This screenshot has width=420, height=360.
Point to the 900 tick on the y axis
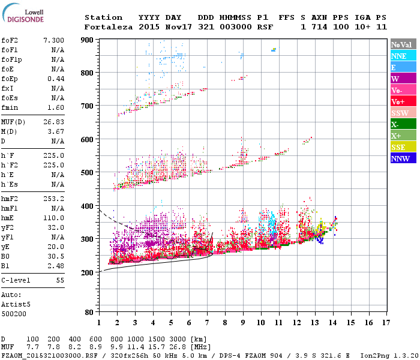pos(88,40)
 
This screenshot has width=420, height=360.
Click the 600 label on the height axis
pos(88,140)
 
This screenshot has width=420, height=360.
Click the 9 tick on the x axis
pos(243,323)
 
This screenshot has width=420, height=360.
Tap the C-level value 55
pos(60,280)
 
